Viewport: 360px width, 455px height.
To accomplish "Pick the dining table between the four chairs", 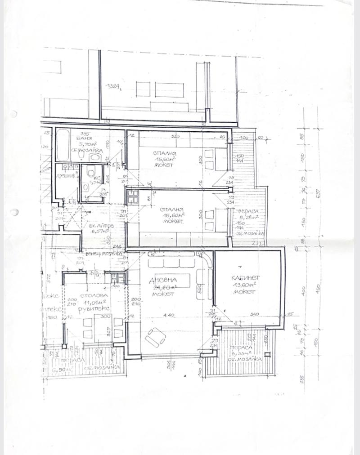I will coord(101,326).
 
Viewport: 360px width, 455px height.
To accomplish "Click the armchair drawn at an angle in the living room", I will coord(154,337).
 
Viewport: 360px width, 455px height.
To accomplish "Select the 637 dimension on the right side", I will coord(318,194).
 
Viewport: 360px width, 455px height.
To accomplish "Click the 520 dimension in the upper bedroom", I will coord(175,136).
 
